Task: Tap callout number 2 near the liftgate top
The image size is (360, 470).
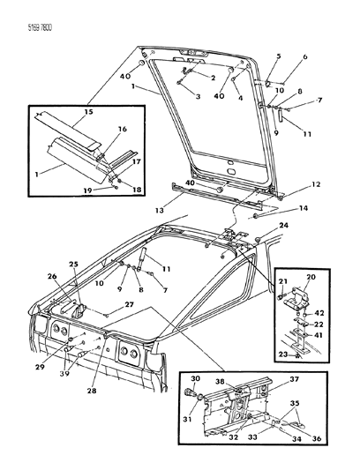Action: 213,78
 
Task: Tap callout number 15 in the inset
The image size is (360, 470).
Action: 88,112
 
